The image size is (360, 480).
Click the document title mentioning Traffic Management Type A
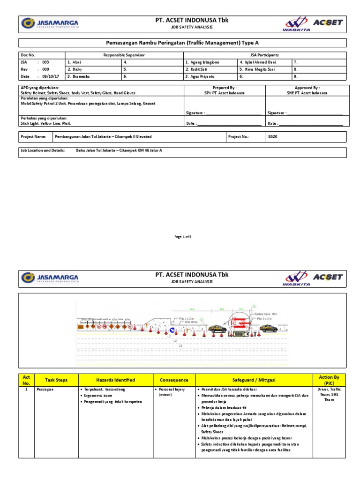coord(182,43)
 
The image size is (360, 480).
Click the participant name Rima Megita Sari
coord(256,69)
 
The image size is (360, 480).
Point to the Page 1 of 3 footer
coord(182,237)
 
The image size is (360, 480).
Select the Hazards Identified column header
coord(115,380)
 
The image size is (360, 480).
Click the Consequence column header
coord(174,380)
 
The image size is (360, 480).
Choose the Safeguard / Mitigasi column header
coord(254,380)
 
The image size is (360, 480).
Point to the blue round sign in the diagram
coord(172,330)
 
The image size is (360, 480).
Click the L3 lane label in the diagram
coord(181,345)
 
